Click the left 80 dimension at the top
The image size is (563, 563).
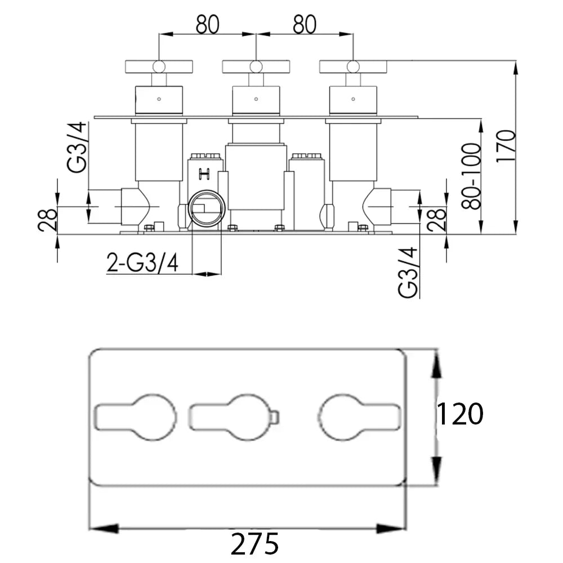(x=208, y=24)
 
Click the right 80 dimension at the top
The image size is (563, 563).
(x=305, y=24)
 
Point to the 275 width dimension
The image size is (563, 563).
(x=254, y=544)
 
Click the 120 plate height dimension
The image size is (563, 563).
(x=459, y=414)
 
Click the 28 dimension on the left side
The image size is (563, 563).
(x=47, y=220)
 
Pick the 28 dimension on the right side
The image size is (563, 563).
(x=437, y=220)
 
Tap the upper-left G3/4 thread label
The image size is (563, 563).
(x=77, y=147)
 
